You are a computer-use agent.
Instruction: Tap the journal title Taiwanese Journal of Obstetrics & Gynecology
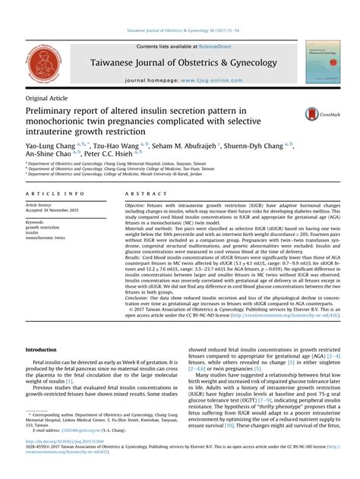(x=180, y=63)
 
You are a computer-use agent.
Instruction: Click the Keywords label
(x=35, y=222)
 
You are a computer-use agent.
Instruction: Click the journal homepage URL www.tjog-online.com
(x=202, y=80)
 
